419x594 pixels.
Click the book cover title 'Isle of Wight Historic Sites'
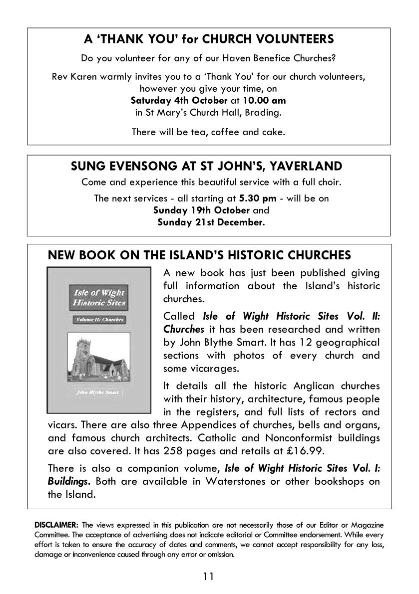click(99, 298)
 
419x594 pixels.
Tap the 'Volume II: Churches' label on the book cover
click(99, 320)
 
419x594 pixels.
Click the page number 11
click(209, 577)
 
